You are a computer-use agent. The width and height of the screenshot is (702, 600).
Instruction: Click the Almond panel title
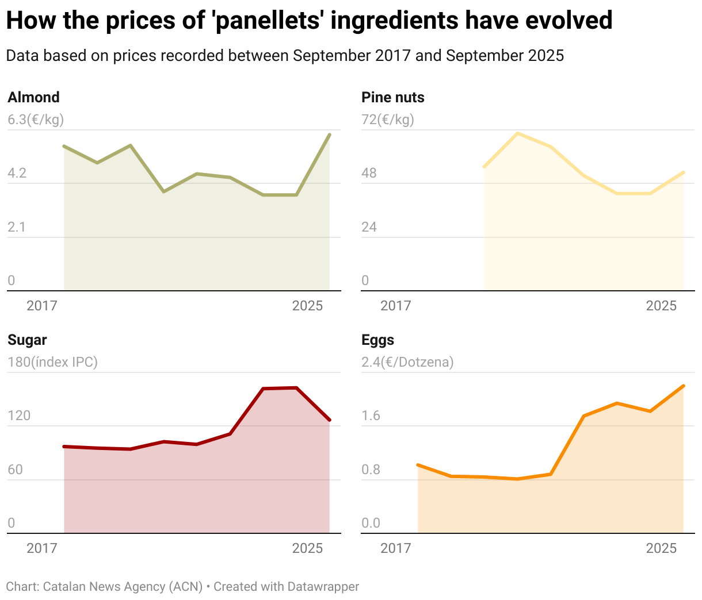(33, 97)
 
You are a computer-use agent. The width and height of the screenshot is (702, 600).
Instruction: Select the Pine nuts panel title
(392, 97)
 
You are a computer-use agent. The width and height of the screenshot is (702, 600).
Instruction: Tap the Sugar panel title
(27, 340)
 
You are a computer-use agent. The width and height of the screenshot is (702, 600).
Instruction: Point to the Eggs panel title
(377, 340)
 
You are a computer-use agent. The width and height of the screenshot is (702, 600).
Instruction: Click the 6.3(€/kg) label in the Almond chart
(36, 120)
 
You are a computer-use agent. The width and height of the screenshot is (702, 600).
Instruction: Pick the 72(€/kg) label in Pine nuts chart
(387, 120)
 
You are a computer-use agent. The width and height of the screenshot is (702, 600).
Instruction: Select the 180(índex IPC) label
(52, 362)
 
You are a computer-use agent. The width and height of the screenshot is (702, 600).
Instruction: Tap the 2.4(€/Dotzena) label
(407, 362)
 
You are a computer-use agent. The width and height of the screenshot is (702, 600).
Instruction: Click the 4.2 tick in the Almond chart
(17, 173)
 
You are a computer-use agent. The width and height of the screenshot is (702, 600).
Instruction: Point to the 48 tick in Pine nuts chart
(369, 173)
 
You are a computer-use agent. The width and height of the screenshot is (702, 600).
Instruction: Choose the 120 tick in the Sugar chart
(19, 416)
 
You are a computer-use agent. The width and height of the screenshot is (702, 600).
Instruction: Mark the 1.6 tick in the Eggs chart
(371, 416)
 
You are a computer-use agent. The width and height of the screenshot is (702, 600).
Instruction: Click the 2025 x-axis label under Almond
(307, 305)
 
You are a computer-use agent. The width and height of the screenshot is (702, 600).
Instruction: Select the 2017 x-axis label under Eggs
(395, 548)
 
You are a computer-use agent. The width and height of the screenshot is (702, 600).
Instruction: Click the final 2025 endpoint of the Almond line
(329, 134)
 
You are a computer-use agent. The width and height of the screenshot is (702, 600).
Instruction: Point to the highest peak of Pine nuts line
(518, 133)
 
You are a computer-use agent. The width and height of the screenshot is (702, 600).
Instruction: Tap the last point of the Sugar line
(329, 420)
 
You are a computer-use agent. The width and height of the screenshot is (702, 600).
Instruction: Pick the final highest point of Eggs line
(683, 386)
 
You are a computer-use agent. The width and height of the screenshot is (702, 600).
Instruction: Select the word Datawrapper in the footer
(323, 587)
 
